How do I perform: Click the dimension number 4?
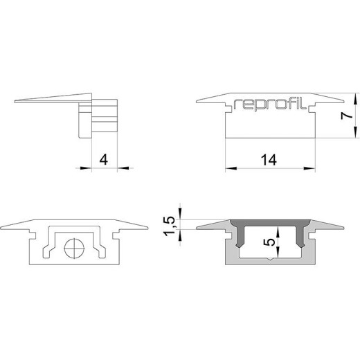point(104,160)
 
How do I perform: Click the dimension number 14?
point(269,160)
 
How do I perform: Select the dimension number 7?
point(347,116)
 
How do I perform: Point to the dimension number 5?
point(269,242)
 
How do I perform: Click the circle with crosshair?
point(74,248)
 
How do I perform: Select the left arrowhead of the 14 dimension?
point(231,168)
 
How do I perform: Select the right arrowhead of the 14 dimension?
point(309,168)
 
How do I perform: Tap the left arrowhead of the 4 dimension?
point(86,168)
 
